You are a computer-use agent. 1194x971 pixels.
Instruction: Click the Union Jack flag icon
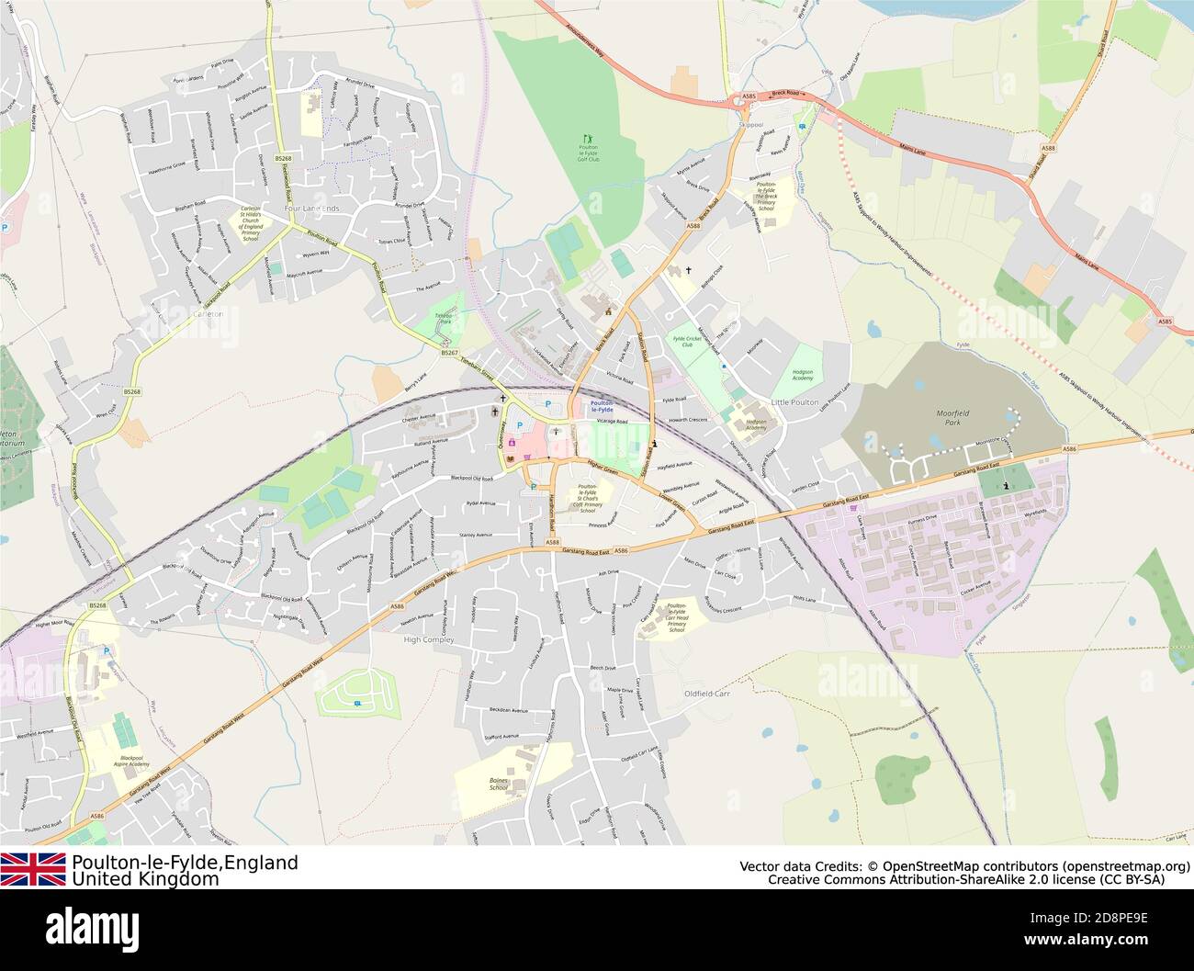[33, 869]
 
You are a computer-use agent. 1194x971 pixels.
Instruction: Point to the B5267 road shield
[449, 353]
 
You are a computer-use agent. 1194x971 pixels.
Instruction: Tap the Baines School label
[499, 784]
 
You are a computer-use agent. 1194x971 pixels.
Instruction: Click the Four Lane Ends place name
[311, 209]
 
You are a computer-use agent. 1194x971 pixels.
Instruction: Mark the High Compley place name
[429, 639]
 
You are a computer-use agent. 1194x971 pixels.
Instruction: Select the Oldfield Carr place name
[707, 693]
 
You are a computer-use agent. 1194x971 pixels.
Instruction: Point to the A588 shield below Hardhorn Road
[552, 543]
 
